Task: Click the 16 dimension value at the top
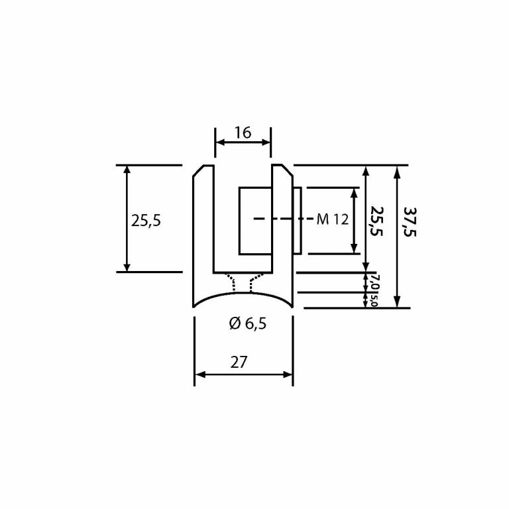click(x=243, y=133)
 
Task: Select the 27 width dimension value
click(x=239, y=363)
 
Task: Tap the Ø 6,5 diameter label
click(x=248, y=323)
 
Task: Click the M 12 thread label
click(x=333, y=219)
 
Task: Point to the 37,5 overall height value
click(x=410, y=222)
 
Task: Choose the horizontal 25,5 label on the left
click(x=146, y=221)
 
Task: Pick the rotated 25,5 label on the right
click(x=377, y=221)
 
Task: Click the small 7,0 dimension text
click(x=375, y=282)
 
